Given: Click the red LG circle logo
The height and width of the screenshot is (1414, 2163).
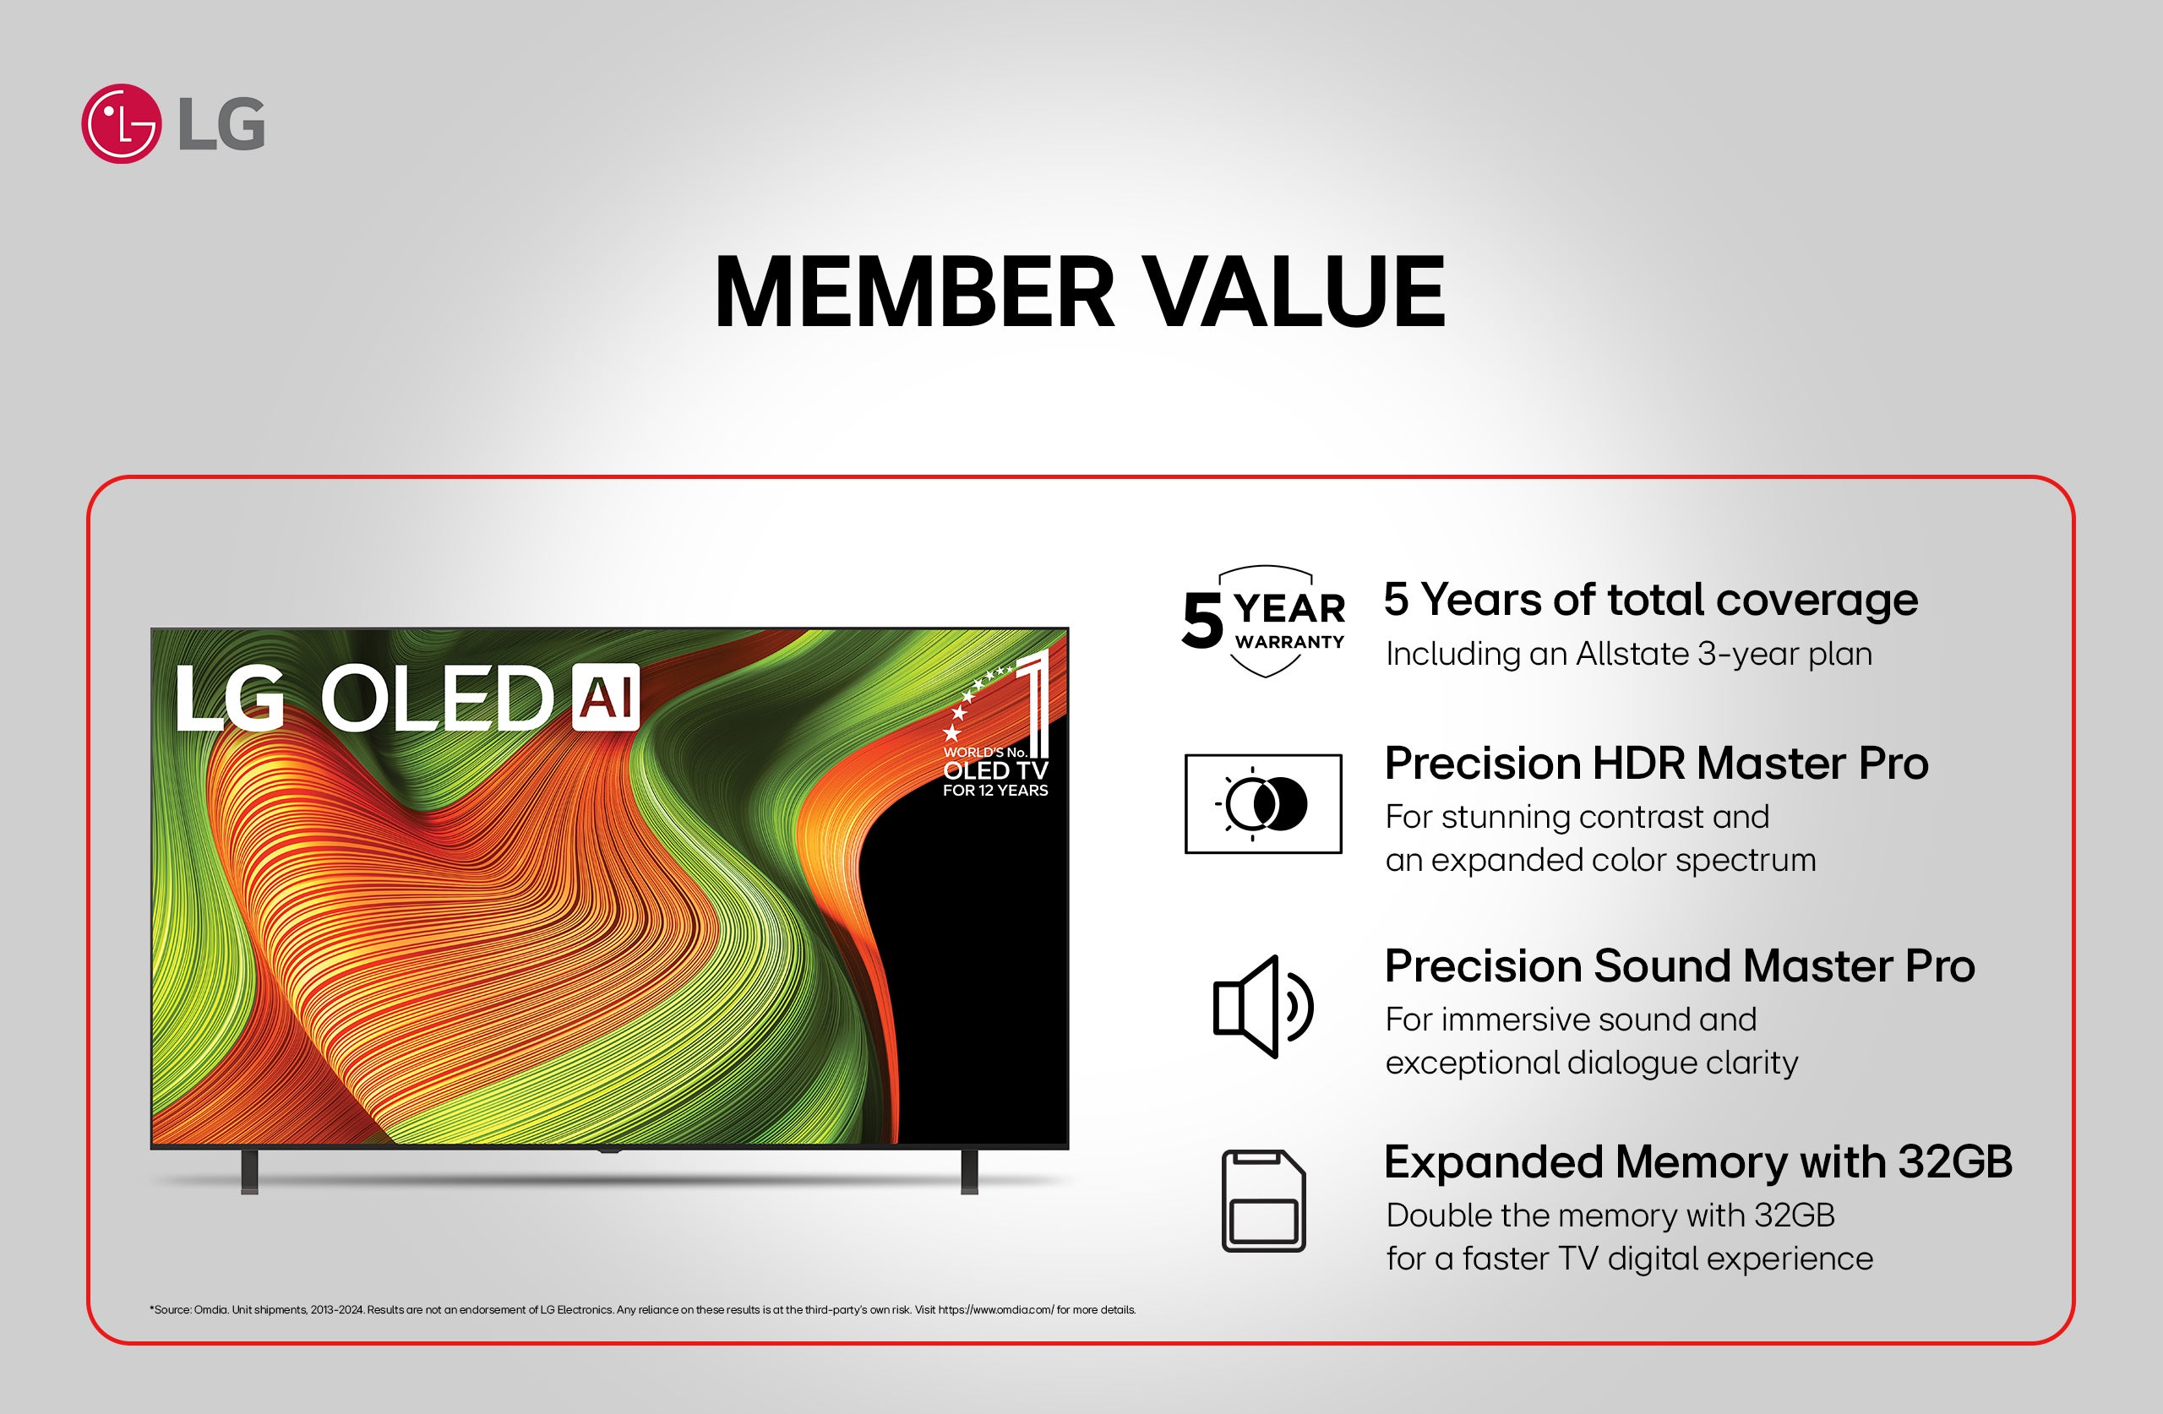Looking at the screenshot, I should click(121, 123).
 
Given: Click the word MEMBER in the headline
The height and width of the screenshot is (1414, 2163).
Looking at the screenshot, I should click(913, 292).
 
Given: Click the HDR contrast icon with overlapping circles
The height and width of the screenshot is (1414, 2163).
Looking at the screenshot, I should click(1263, 804).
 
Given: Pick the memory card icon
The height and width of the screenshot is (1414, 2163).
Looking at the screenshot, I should click(1263, 1200).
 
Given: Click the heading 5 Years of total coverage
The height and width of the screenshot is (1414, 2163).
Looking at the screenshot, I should click(1649, 601).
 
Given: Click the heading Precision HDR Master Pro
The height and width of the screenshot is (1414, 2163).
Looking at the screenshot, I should click(1656, 764).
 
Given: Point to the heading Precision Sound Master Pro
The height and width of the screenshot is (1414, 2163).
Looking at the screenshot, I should click(1680, 966).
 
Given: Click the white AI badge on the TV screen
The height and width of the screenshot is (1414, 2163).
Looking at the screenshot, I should click(606, 698).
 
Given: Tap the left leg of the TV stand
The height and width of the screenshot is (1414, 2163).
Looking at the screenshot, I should click(249, 1172).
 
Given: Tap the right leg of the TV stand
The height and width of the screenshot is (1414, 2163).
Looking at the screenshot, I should click(970, 1172).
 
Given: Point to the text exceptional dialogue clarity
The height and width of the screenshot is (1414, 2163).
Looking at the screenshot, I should click(1590, 1063).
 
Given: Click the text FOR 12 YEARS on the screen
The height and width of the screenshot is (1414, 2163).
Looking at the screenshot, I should click(995, 791).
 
